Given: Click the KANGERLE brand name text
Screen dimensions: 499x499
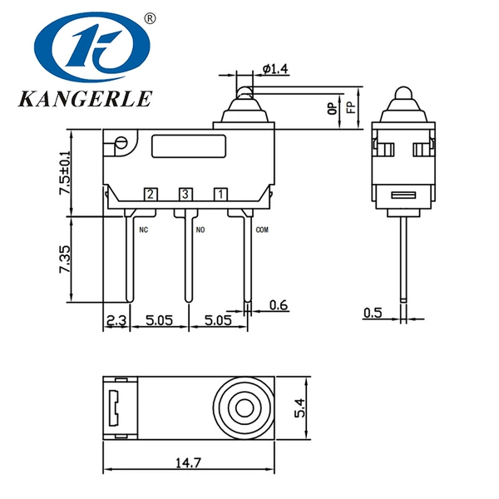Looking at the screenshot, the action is coord(86,99).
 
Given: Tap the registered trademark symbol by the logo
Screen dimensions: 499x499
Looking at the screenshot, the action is coord(150,18).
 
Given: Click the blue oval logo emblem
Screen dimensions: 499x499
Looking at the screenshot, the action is coord(92,47).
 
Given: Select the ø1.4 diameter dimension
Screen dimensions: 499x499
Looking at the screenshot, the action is coord(275,68).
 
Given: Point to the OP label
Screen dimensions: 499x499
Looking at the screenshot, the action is coord(332,108).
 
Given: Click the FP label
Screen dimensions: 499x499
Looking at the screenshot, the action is coord(351,107).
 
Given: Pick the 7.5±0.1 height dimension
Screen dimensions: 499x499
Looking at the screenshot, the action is coord(65,172).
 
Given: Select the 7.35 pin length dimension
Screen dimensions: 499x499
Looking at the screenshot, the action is coord(65,259).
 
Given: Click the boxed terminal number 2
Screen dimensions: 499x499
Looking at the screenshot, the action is coord(151,194).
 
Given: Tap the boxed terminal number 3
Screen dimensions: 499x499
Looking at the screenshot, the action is coord(185,194).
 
